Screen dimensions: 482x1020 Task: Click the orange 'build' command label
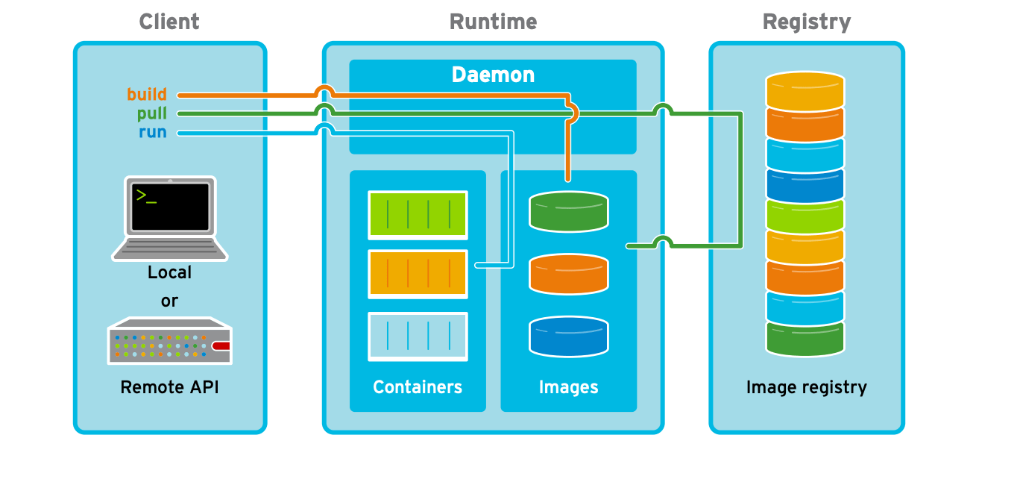click(146, 95)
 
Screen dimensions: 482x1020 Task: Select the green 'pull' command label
click(151, 114)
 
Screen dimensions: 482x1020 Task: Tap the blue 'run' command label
click(152, 133)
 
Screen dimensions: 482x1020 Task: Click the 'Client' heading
click(169, 22)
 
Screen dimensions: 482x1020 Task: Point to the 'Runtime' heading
click(493, 22)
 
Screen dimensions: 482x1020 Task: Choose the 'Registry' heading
click(806, 22)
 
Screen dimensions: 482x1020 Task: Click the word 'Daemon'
click(493, 75)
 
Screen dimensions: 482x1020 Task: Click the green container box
click(418, 214)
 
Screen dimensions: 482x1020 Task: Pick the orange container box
click(418, 274)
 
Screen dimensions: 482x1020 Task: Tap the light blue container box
click(418, 337)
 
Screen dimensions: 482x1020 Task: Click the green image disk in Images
click(569, 212)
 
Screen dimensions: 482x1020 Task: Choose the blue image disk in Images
click(569, 337)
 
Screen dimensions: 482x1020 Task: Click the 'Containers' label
click(418, 387)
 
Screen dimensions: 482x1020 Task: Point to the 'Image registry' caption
click(806, 387)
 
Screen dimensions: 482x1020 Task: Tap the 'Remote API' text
click(170, 387)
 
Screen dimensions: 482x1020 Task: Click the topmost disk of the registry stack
click(805, 89)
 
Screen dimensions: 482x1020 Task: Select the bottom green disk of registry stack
click(805, 338)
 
